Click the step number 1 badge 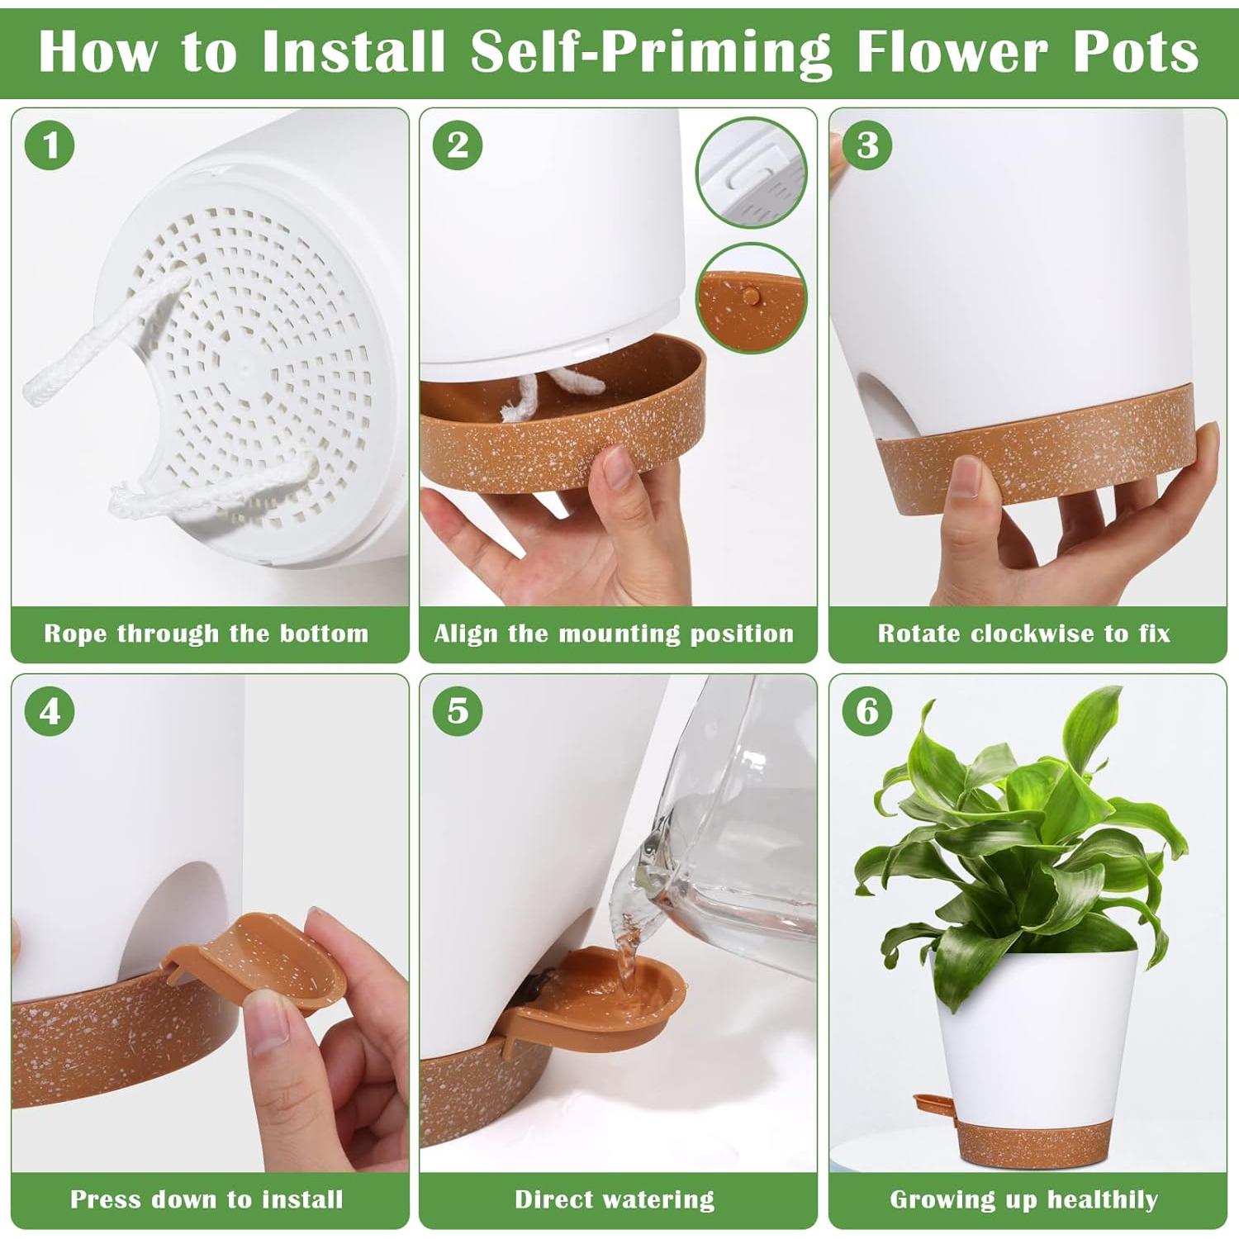coord(51,145)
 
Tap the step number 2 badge coord(458,145)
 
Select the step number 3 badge coord(867,145)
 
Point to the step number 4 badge coord(51,711)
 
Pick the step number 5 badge coord(458,711)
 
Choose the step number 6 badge coord(867,711)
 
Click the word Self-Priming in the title coord(652,52)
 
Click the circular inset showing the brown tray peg coord(750,298)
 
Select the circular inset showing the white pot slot coord(750,173)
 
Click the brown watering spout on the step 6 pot coord(935,1107)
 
